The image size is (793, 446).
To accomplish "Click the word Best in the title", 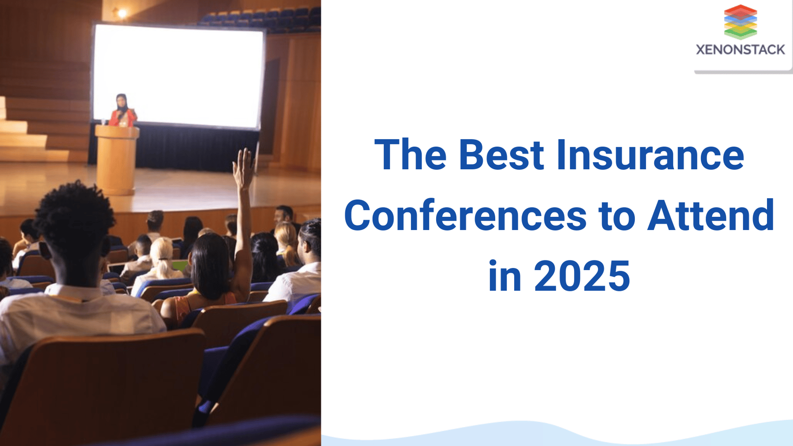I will tap(501, 155).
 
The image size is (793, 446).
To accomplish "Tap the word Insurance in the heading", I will tap(650, 155).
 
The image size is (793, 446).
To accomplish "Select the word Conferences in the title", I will tap(465, 216).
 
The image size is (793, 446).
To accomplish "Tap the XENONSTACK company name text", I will tap(740, 50).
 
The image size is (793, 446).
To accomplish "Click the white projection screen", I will tap(178, 75).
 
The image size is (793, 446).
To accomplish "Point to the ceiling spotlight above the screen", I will tap(122, 14).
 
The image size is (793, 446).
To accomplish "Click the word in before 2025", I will tap(504, 277).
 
